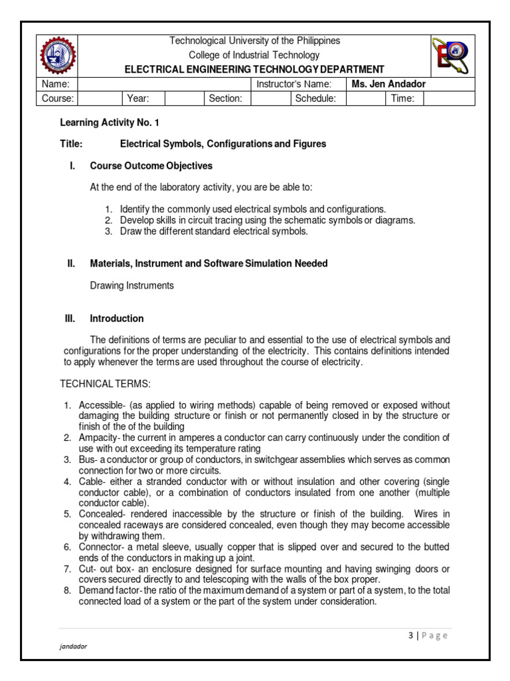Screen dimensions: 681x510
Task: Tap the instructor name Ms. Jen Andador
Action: click(x=384, y=84)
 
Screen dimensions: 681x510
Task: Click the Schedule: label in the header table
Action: click(x=315, y=98)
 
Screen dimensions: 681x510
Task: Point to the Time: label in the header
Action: click(x=403, y=98)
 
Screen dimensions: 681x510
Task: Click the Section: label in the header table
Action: click(x=226, y=98)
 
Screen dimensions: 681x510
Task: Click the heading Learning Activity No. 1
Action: click(x=110, y=123)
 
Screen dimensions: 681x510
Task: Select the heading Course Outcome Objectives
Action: click(x=151, y=166)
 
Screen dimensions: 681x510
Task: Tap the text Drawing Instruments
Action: click(x=131, y=285)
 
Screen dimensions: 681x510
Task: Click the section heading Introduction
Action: click(x=117, y=319)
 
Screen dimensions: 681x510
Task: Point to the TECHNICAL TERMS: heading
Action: click(x=106, y=384)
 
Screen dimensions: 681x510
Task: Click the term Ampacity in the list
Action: click(x=97, y=438)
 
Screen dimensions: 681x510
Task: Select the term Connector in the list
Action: click(x=98, y=547)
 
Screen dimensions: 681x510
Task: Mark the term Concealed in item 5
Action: click(x=99, y=514)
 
